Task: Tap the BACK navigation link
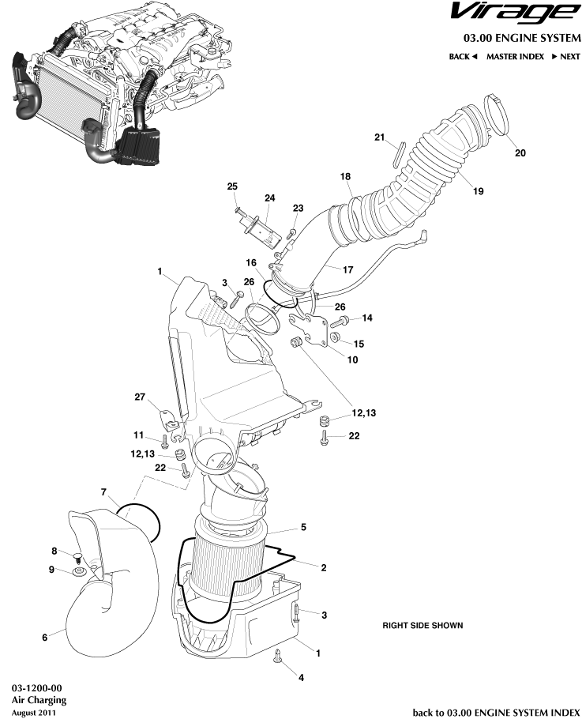click(463, 57)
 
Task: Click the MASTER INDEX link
click(515, 57)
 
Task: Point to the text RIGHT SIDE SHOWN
click(422, 625)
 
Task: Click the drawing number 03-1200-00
click(37, 687)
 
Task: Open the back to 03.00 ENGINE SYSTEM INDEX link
click(497, 712)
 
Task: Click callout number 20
click(520, 152)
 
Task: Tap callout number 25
click(232, 186)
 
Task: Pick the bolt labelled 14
click(344, 322)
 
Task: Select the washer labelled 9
click(79, 570)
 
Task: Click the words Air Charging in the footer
click(39, 699)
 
